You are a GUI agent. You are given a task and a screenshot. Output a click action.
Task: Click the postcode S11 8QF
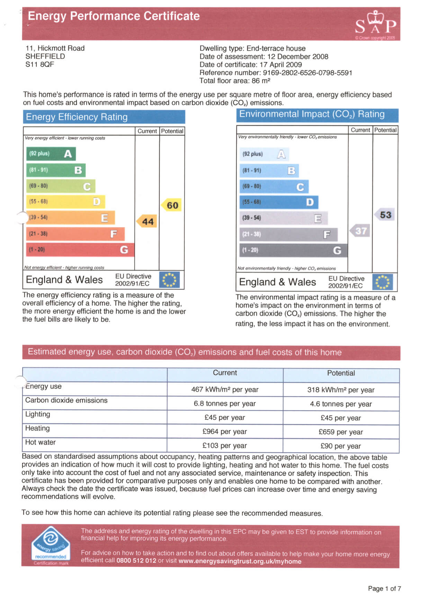[40, 64]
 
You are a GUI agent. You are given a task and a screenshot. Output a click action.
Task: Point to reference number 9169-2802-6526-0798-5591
[307, 73]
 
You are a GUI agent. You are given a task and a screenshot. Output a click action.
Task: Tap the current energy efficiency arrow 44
[146, 221]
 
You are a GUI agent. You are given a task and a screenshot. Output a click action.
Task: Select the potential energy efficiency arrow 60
[171, 205]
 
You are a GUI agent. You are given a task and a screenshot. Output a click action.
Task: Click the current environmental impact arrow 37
[360, 231]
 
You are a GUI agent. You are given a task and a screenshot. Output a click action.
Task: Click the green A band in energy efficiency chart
[51, 154]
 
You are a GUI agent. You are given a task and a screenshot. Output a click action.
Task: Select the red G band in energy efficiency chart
[80, 250]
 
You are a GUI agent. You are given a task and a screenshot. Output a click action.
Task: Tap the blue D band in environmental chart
[279, 202]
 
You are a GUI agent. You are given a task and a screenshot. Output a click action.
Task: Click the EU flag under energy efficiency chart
[169, 280]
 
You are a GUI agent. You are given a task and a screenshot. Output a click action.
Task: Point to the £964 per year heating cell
[225, 432]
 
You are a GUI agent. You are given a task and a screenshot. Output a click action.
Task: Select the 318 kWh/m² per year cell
[341, 390]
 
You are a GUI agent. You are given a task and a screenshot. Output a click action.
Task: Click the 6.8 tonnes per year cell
[225, 404]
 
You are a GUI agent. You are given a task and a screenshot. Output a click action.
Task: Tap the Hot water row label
[41, 442]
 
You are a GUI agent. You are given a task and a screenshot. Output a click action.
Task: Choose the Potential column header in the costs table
[341, 373]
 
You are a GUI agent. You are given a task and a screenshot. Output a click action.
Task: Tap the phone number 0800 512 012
[136, 561]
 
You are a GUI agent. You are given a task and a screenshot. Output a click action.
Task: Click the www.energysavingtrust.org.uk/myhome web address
[240, 561]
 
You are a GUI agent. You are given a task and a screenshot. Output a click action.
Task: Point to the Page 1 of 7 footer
[384, 589]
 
